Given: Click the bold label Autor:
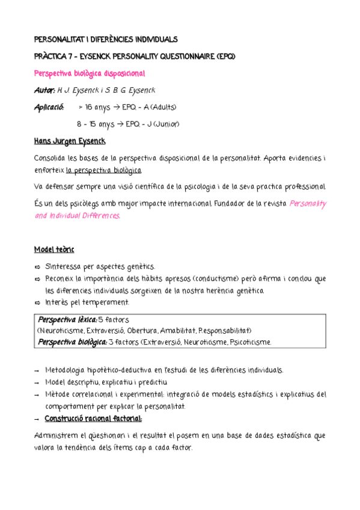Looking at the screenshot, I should [x=45, y=90].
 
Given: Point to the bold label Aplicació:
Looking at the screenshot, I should [x=49, y=107].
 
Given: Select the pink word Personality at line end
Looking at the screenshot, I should [x=308, y=203].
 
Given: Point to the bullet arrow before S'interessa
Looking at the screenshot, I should [x=37, y=266].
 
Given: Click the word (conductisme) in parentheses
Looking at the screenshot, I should [x=217, y=278].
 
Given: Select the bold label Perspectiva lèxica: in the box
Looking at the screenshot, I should [x=67, y=319].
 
